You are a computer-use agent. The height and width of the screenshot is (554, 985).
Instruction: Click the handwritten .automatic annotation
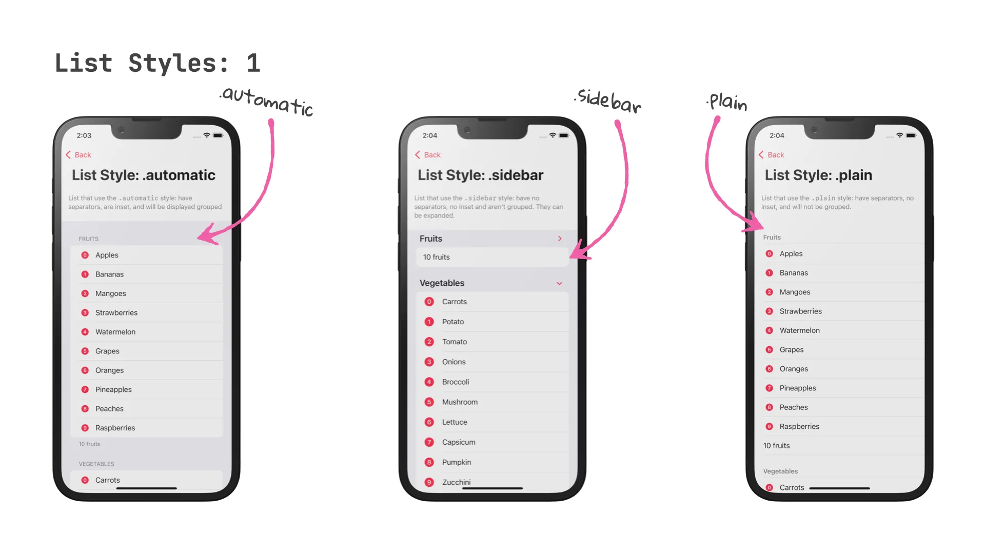[x=266, y=102]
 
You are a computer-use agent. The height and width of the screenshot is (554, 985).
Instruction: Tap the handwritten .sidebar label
[x=608, y=101]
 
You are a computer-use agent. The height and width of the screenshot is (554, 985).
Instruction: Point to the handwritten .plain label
[x=726, y=102]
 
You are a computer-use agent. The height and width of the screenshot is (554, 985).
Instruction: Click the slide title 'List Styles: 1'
[x=157, y=63]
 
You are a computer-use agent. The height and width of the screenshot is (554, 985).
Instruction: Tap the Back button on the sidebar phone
[x=428, y=155]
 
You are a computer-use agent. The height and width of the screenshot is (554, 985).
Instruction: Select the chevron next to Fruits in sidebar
[x=560, y=239]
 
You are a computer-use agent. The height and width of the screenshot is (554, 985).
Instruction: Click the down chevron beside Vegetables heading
[x=560, y=283]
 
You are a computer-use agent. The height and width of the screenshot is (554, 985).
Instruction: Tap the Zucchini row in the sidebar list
[x=493, y=482]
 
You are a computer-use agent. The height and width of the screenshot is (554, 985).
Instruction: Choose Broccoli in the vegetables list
[x=493, y=382]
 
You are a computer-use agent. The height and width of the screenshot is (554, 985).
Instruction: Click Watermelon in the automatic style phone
[x=147, y=332]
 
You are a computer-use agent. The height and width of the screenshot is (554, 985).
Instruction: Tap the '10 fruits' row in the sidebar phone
[x=493, y=257]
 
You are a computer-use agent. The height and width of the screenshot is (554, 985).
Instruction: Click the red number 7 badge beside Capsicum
[x=429, y=442]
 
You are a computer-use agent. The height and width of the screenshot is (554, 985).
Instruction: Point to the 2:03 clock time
[x=84, y=135]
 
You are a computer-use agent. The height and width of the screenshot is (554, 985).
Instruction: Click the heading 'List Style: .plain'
[x=818, y=175]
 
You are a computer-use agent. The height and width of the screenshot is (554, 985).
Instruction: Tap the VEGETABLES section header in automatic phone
[x=96, y=464]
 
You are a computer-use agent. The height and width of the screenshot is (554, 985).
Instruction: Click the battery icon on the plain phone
[x=911, y=135]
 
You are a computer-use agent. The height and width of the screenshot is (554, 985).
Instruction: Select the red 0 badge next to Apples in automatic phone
[x=85, y=255]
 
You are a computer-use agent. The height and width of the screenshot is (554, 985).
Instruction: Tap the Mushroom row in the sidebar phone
[x=493, y=402]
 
